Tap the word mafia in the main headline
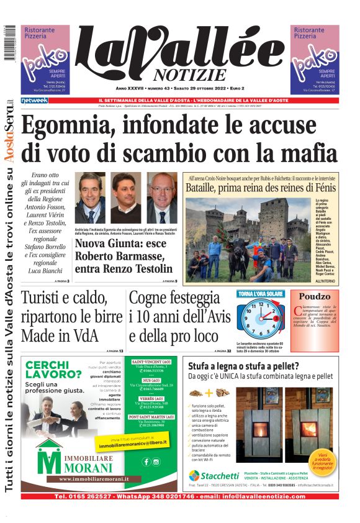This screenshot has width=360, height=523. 308,152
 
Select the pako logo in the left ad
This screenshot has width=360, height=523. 44,63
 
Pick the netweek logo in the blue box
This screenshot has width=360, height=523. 35,100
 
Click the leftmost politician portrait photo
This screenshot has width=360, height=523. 89,198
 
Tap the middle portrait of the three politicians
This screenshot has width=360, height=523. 126,198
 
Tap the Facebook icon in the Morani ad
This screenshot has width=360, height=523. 146,462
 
